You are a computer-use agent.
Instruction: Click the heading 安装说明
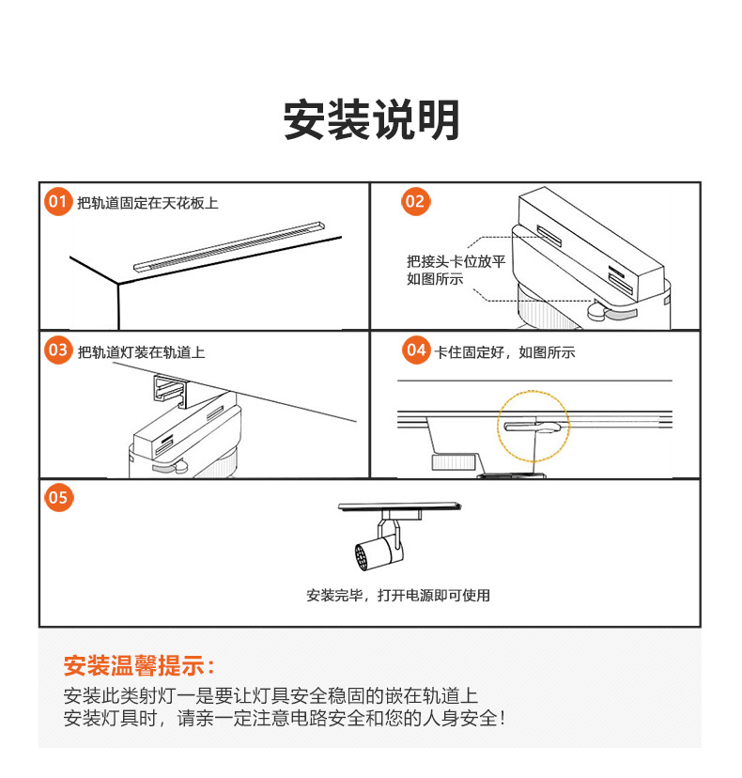coord(372,120)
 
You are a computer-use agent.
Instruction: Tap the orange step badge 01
coord(58,202)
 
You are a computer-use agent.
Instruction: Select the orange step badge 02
coord(414,201)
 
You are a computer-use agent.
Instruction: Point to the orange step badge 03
coord(58,350)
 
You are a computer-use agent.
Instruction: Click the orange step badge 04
coord(415,350)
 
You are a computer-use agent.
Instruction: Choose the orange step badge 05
coord(58,497)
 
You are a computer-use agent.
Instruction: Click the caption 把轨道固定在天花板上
coord(148,203)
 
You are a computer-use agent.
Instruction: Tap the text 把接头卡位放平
coord(456,261)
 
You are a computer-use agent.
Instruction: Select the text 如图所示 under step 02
coord(435,279)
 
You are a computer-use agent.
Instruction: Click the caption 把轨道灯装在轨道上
coord(142,352)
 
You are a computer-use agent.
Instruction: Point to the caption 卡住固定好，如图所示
coord(504,352)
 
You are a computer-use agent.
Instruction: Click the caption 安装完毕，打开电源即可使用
coord(398,595)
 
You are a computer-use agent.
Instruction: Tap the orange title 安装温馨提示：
coord(140,666)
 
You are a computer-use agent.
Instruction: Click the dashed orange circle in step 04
coord(533,428)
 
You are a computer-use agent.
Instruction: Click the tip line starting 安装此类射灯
coord(271,696)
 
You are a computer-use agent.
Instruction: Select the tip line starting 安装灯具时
coord(285,719)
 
